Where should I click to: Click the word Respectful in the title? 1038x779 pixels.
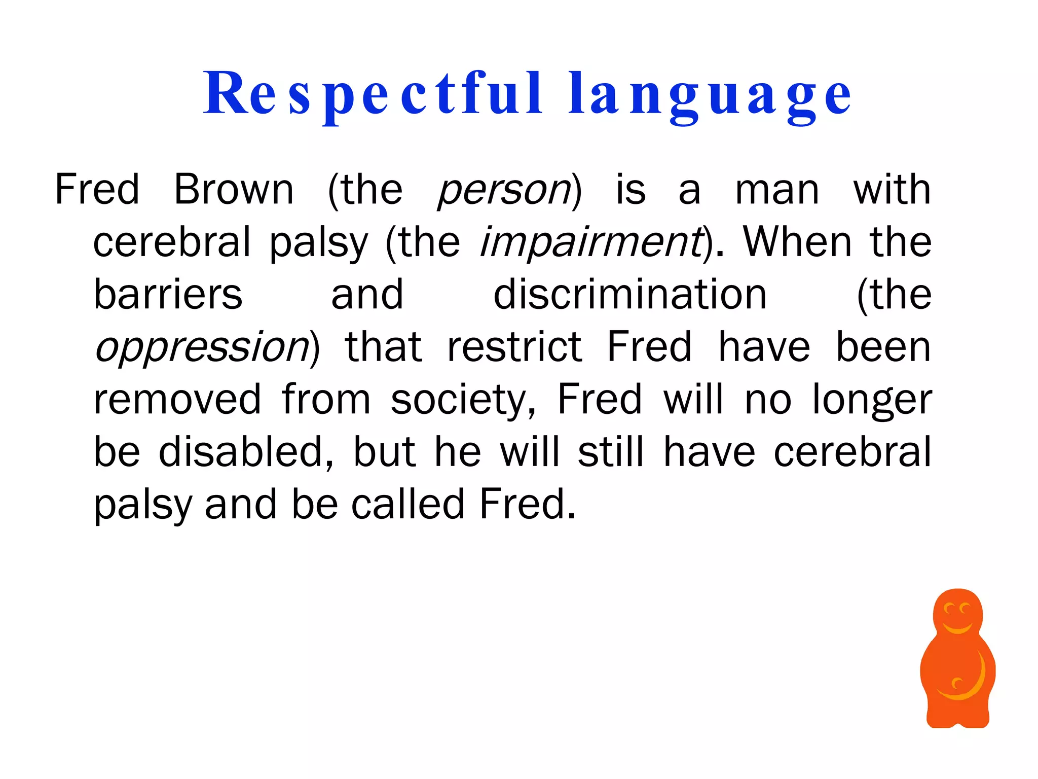click(373, 94)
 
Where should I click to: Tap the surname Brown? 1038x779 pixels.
click(234, 190)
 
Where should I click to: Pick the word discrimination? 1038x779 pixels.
click(630, 295)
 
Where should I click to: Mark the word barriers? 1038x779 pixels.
click(168, 295)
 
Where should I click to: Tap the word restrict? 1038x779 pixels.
click(514, 347)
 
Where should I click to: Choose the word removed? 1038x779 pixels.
click(178, 400)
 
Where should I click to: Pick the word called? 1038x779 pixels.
click(408, 504)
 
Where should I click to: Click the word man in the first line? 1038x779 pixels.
click(777, 191)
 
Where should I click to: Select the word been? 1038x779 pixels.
click(883, 347)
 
